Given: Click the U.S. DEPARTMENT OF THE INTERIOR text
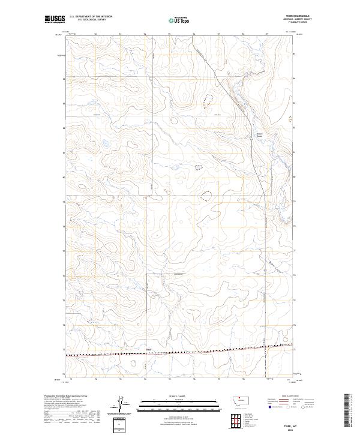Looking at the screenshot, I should [90, 17].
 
